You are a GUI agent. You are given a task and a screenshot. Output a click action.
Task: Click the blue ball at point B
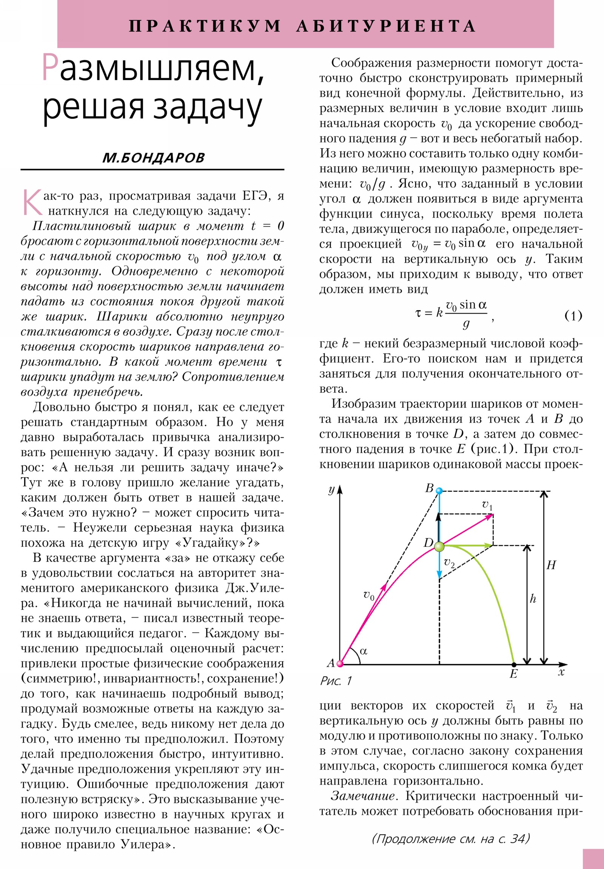tap(439, 491)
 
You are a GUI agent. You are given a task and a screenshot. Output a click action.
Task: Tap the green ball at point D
tap(439, 547)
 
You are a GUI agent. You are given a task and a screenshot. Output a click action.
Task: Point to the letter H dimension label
tap(551, 565)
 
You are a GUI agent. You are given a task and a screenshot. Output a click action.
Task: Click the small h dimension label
tap(533, 599)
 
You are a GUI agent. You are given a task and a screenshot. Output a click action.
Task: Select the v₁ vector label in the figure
tap(487, 505)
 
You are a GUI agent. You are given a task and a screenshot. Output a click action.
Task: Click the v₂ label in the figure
tap(449, 563)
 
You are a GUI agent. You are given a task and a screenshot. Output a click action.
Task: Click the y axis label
tap(331, 490)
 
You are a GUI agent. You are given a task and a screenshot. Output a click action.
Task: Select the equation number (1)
tap(573, 315)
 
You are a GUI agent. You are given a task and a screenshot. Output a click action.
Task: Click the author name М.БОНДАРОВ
tap(153, 158)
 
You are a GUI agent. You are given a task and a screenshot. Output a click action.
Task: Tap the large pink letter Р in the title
tap(50, 67)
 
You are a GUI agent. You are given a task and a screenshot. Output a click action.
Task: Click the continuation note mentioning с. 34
tap(451, 838)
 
